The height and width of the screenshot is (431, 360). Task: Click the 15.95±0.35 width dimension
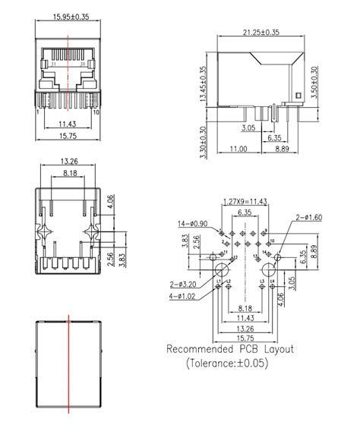pos(68,15)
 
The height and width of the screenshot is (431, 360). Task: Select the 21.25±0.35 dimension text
pos(261,33)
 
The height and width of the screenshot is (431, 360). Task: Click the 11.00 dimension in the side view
pos(238,149)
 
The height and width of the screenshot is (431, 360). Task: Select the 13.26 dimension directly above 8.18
pos(70,162)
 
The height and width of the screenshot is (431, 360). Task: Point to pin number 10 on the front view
pos(97,112)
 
